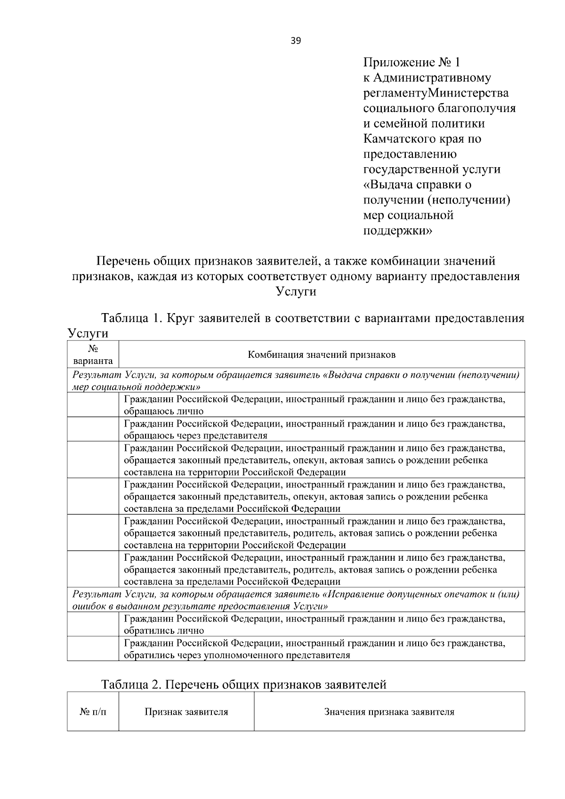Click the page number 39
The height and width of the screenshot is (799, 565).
coord(296,40)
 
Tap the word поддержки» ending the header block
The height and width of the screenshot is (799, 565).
coord(397,231)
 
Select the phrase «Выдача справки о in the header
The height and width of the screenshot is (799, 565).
coord(417,185)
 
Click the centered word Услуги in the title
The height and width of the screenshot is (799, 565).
coord(296,291)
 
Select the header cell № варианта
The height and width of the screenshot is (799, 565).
coord(93,355)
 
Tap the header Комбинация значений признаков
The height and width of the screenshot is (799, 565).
coord(322,355)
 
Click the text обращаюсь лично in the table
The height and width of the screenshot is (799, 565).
coord(163,411)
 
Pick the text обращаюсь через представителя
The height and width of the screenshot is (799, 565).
coord(195,436)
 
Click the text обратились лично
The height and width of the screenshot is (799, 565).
coord(163,630)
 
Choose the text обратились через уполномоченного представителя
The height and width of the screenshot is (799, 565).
coord(237,655)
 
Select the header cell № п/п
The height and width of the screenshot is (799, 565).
coord(93,712)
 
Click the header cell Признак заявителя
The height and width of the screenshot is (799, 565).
coord(186,712)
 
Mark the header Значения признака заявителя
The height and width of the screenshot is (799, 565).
coord(389,712)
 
